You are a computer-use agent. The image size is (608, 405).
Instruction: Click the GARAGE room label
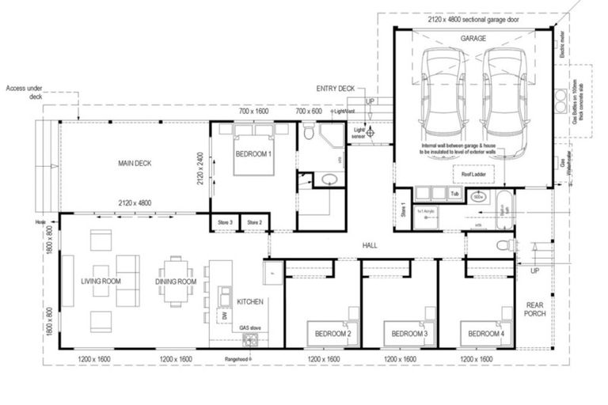click(x=473, y=38)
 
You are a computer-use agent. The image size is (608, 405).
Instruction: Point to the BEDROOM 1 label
click(x=253, y=154)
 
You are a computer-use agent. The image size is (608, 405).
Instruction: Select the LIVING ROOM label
click(x=100, y=281)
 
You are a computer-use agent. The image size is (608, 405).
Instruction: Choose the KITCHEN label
click(x=250, y=301)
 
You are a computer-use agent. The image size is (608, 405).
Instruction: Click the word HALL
click(x=369, y=246)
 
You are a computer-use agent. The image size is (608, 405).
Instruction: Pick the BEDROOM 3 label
click(x=409, y=334)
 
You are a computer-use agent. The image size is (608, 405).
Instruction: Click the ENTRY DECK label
click(x=335, y=89)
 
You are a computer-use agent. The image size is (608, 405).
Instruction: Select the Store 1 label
click(x=404, y=210)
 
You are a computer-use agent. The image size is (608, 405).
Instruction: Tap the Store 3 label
click(x=225, y=223)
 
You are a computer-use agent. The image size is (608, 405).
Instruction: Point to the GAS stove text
click(x=251, y=326)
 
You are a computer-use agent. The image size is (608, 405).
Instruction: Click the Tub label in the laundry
click(x=454, y=192)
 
